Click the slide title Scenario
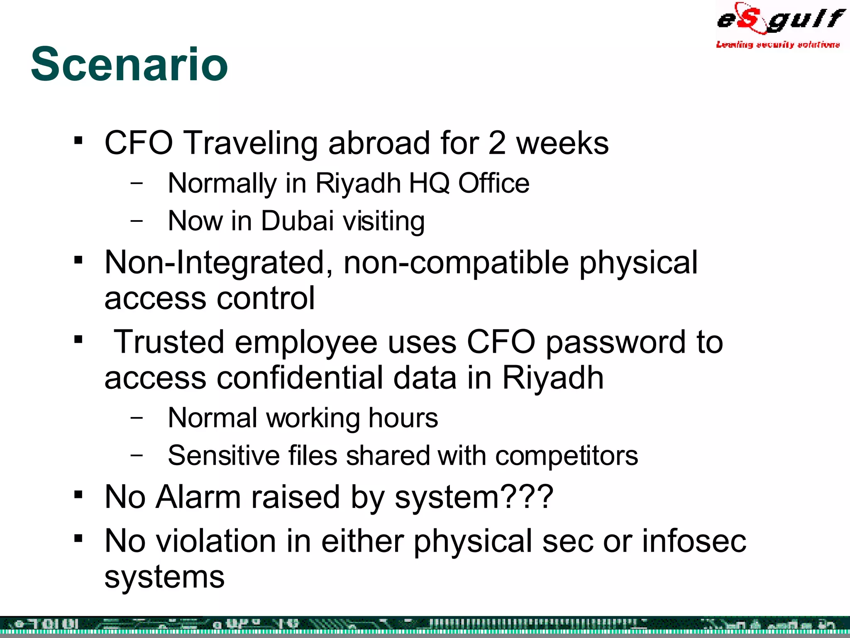129,64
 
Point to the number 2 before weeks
497,143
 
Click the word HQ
429,183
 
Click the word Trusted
169,342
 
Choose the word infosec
694,541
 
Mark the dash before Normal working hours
136,417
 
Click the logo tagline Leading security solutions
778,44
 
